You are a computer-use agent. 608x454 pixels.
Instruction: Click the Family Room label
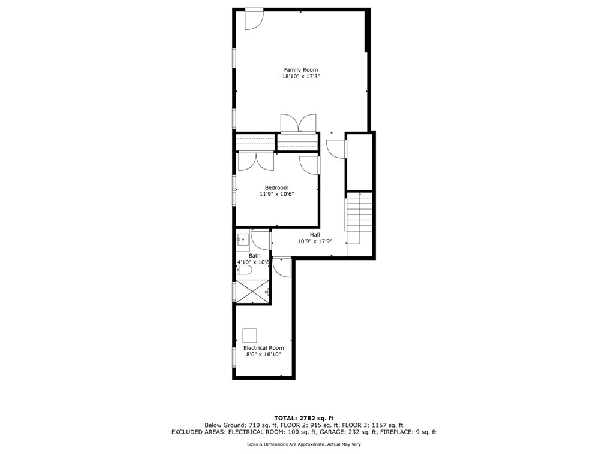pyautogui.click(x=300, y=69)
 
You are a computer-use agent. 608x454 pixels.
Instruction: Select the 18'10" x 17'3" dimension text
pyautogui.click(x=300, y=77)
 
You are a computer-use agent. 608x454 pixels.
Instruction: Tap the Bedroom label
pyautogui.click(x=276, y=187)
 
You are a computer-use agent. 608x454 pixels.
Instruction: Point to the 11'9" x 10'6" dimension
pyautogui.click(x=276, y=194)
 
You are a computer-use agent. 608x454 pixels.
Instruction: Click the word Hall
pyautogui.click(x=315, y=235)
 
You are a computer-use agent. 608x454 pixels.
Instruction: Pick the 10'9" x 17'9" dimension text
pyautogui.click(x=315, y=241)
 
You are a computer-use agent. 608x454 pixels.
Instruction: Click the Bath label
pyautogui.click(x=255, y=256)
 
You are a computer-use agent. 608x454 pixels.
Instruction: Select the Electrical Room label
pyautogui.click(x=263, y=348)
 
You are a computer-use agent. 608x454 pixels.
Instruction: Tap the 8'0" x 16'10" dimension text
pyautogui.click(x=263, y=355)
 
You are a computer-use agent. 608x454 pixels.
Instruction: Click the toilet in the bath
pyautogui.click(x=245, y=270)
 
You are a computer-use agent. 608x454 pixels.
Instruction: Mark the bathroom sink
pyautogui.click(x=243, y=241)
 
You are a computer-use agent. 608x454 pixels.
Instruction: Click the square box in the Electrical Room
pyautogui.click(x=249, y=335)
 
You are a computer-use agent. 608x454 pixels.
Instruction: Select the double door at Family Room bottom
pyautogui.click(x=298, y=122)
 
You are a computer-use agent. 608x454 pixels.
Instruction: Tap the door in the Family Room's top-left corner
pyautogui.click(x=254, y=19)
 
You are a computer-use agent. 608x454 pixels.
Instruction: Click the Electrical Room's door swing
pyautogui.click(x=281, y=266)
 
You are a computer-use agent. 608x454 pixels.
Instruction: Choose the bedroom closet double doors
pyautogui.click(x=256, y=162)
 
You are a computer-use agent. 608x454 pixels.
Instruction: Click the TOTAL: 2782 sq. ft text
pyautogui.click(x=303, y=418)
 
